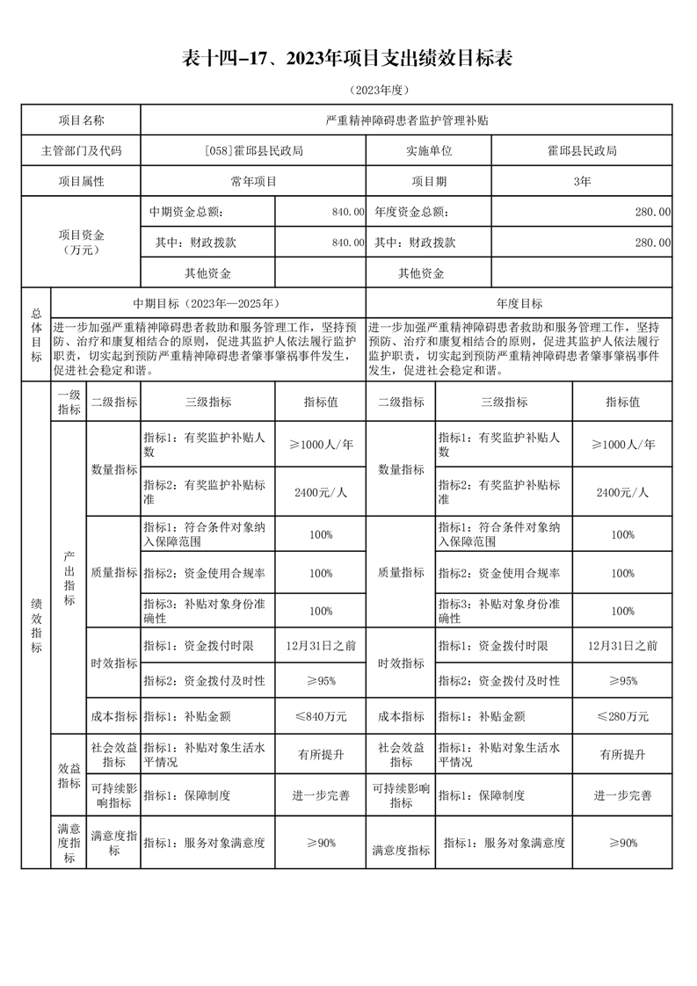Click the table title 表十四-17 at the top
(347, 58)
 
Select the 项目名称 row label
(81, 120)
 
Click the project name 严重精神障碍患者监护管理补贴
(406, 120)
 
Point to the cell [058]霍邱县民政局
(252, 151)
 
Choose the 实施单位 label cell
(428, 151)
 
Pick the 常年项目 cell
(252, 182)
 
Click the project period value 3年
(581, 182)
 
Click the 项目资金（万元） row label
(81, 242)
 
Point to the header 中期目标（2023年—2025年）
(207, 303)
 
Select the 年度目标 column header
(519, 303)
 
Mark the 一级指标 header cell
(69, 402)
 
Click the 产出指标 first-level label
(69, 578)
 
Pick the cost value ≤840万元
(320, 716)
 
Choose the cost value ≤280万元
(622, 716)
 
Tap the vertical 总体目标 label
(36, 334)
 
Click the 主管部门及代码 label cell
(81, 151)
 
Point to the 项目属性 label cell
(81, 182)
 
